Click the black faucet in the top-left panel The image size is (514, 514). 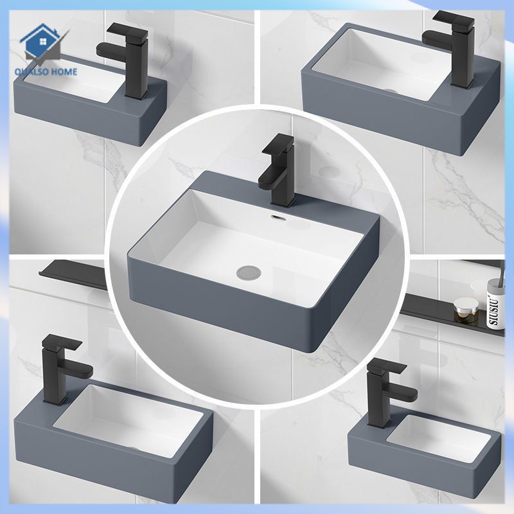(x=132, y=61)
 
